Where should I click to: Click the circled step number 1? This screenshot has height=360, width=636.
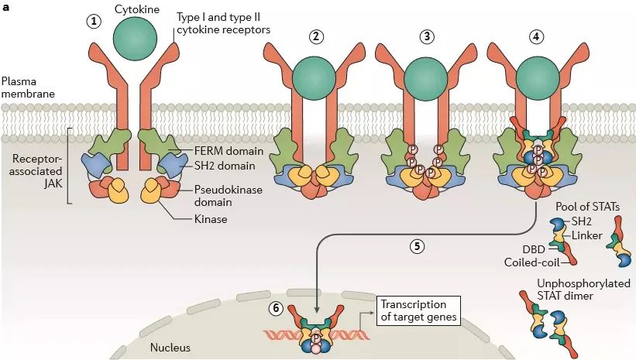pos(95,21)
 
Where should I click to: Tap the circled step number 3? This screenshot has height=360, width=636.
pos(427,37)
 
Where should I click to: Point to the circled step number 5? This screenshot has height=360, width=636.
pos(416,247)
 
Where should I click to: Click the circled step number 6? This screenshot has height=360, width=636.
pos(276,307)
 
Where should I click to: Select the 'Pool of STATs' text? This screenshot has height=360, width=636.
pos(592,206)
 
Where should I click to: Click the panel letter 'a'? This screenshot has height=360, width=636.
pos(6,7)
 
